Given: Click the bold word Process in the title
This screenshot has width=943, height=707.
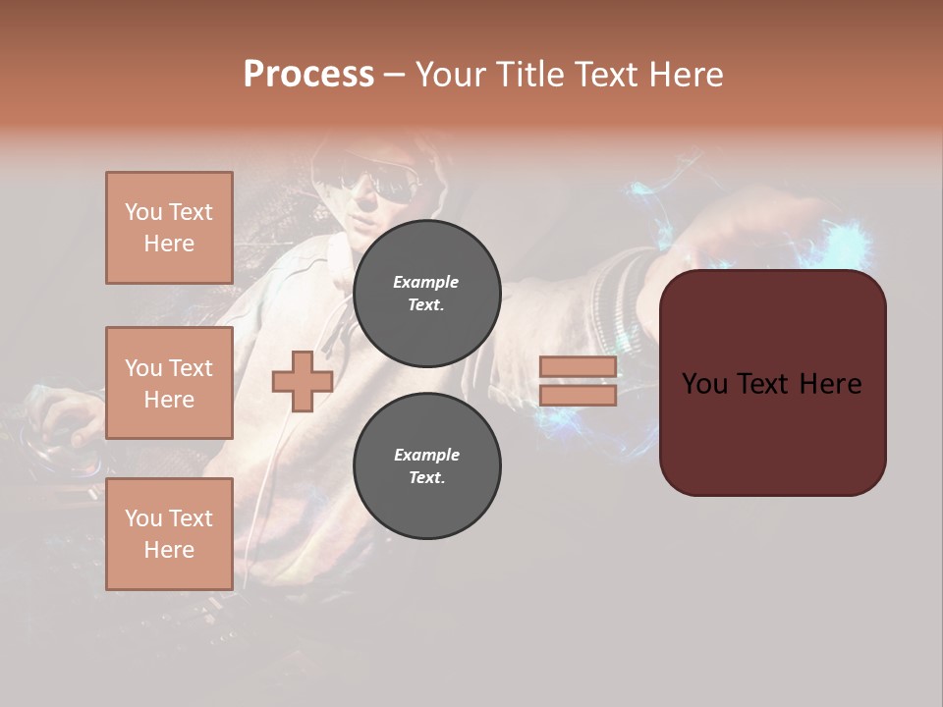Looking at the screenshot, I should point(308,75).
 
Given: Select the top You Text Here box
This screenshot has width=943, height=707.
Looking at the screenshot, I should point(169,228).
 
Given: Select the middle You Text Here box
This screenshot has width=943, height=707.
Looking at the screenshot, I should point(169,383).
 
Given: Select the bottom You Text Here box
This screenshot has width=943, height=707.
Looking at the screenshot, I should point(169,534).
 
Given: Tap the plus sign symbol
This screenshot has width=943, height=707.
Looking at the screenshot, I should point(303,381).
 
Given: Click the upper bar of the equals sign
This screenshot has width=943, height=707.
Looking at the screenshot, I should point(579,366).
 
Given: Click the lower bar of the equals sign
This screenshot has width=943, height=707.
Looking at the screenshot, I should point(579,395).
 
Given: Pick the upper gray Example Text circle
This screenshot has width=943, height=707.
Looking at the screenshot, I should point(426,293).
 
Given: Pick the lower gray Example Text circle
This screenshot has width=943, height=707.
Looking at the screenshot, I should point(426,465).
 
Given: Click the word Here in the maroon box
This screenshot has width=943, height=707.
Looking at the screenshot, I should point(830,384).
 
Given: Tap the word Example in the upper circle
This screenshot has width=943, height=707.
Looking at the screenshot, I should point(425,282).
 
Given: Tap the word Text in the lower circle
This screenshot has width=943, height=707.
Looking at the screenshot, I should point(425,477).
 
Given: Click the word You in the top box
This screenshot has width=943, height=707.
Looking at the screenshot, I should point(143,212).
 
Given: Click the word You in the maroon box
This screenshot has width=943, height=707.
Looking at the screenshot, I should point(705,384).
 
